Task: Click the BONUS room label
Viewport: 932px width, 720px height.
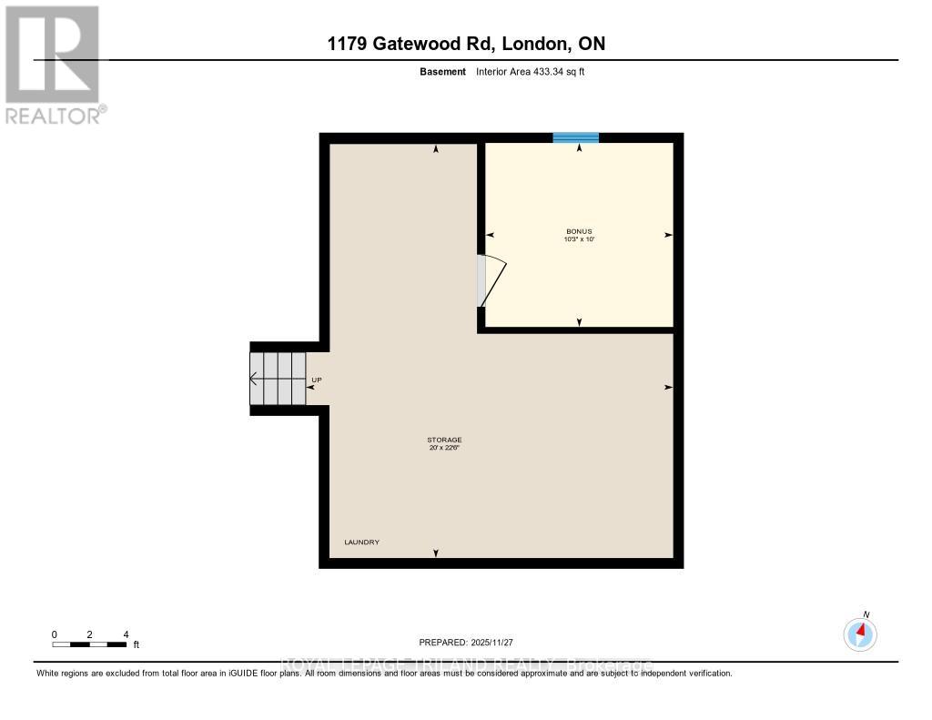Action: pos(579,231)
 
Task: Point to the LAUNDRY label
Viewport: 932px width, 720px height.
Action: pos(361,543)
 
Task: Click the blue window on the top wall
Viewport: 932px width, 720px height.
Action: pos(576,137)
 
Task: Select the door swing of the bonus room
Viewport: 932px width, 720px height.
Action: pos(491,281)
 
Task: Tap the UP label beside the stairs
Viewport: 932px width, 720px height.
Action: pos(317,380)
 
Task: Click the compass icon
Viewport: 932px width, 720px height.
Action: pos(860,634)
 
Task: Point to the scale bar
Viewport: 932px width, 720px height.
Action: pos(89,644)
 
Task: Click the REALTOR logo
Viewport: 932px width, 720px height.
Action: pos(53,64)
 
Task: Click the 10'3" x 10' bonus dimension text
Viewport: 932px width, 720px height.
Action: pos(579,239)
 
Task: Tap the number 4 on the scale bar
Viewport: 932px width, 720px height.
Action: pos(126,634)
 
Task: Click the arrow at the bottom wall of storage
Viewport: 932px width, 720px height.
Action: pos(436,553)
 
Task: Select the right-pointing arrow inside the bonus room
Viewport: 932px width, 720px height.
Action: pos(668,235)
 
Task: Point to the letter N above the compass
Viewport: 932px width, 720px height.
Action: pos(866,614)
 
